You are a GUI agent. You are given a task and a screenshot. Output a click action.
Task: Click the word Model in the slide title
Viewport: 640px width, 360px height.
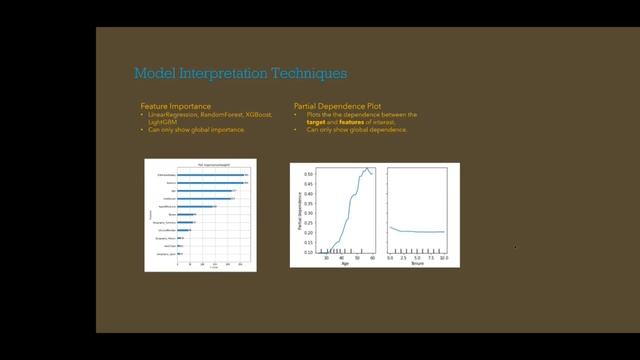tap(153, 73)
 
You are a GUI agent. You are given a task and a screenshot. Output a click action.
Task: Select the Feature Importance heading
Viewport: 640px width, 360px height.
tap(175, 105)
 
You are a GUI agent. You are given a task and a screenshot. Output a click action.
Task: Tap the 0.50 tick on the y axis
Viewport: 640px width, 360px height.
tap(307, 174)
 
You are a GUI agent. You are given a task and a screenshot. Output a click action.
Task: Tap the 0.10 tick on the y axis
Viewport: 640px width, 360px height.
tap(307, 252)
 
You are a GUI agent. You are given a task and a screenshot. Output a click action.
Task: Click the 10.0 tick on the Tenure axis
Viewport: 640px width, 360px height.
tap(443, 257)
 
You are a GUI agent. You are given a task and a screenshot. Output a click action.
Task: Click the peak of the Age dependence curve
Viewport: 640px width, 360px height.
tap(367, 168)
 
